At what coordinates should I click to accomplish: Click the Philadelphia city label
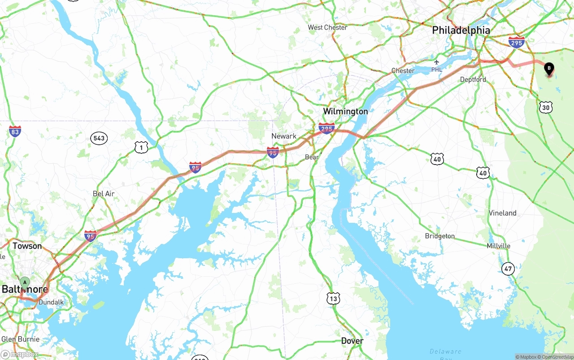coord(461,30)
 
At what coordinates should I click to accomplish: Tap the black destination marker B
coord(548,69)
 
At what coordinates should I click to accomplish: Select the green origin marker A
coord(25,282)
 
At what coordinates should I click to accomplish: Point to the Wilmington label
coord(345,111)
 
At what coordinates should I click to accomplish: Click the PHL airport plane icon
coord(437,62)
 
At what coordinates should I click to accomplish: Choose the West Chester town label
coord(327,27)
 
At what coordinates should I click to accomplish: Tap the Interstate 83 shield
coord(15,131)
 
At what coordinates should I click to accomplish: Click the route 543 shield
coord(99,138)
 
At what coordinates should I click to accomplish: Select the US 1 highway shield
coord(141,147)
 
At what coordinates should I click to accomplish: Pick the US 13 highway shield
coord(333,298)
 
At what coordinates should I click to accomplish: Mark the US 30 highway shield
coord(546,107)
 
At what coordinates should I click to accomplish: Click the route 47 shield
coord(508,269)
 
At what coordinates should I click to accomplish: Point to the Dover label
coord(352,341)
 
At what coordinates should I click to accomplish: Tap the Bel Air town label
coord(104,194)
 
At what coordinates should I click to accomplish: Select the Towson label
coord(27,246)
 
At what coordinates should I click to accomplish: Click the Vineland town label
coord(502,213)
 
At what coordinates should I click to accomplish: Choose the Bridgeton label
coord(439,236)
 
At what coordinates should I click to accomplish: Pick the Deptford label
coord(473,79)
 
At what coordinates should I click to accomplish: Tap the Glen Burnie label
coord(20,339)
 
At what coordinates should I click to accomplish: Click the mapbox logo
coord(20,354)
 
